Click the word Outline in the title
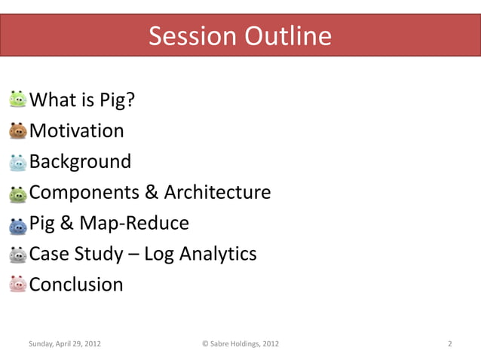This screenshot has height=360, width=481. coord(286,36)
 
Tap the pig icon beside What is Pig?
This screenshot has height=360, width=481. coord(18,100)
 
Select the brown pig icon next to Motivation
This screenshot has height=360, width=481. coord(18,131)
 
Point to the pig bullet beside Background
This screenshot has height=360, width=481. coord(18,162)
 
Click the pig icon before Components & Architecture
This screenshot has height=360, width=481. coord(18,194)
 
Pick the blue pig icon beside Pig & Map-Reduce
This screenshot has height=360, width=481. coord(18,224)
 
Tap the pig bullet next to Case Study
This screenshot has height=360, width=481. coord(18,255)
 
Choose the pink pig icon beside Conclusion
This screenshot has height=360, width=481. coord(18,285)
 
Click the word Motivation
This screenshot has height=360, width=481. coord(76,131)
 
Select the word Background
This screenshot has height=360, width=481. coord(80,162)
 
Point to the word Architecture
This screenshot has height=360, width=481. coord(217,193)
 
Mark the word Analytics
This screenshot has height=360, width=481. coord(218,254)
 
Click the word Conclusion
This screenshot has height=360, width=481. coord(76,285)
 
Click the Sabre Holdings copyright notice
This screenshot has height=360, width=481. coord(240,344)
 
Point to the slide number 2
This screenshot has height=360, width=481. coord(449,344)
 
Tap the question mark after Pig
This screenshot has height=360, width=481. coord(131,100)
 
